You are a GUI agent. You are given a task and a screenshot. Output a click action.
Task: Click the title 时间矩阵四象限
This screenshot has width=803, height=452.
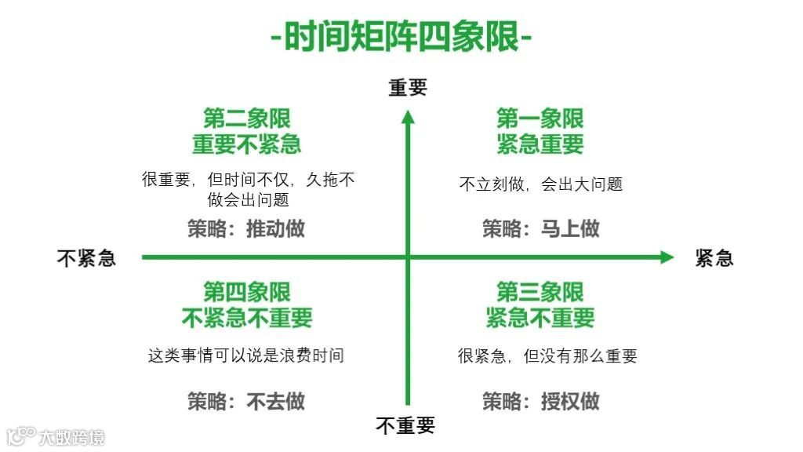click(x=401, y=36)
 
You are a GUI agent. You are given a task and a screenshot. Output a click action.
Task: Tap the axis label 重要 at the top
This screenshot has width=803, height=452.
click(x=408, y=88)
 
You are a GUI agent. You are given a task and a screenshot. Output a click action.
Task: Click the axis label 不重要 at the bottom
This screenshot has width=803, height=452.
click(x=405, y=426)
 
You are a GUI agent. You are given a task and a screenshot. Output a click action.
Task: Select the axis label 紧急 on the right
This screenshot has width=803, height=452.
click(x=714, y=257)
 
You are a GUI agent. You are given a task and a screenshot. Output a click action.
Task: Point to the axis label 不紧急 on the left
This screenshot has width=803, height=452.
click(x=86, y=257)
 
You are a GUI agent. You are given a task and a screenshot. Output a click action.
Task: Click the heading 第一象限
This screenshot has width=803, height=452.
click(x=540, y=118)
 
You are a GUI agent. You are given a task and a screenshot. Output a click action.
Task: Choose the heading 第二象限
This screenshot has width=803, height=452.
click(x=247, y=118)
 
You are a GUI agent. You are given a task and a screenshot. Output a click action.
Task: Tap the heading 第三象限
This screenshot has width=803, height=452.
click(x=540, y=292)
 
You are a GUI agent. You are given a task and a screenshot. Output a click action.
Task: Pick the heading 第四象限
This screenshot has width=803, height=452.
click(x=247, y=292)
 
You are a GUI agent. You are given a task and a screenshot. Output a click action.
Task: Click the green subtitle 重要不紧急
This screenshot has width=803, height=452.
click(x=247, y=144)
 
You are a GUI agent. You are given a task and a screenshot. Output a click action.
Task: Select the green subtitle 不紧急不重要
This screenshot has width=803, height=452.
click(x=247, y=318)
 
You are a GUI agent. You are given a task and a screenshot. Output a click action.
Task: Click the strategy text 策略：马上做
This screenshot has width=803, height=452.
click(x=540, y=228)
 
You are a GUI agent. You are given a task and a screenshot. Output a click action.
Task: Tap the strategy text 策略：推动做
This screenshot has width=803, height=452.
click(x=246, y=228)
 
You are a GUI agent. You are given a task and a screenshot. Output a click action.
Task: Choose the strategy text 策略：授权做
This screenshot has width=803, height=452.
click(x=540, y=401)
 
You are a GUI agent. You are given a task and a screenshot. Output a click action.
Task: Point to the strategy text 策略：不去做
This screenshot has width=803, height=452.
click(x=246, y=401)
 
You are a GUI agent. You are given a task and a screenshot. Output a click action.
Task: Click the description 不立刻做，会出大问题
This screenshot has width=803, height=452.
click(x=540, y=184)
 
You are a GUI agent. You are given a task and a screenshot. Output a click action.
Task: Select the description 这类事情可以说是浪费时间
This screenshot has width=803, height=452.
click(x=246, y=355)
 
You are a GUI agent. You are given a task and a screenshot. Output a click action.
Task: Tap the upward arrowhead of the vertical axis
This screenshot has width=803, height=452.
click(x=408, y=118)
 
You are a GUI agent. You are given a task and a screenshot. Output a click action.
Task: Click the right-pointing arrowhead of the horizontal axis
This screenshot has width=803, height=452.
click(x=667, y=257)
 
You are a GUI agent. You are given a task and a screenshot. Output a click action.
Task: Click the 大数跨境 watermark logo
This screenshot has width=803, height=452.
click(x=56, y=436)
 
